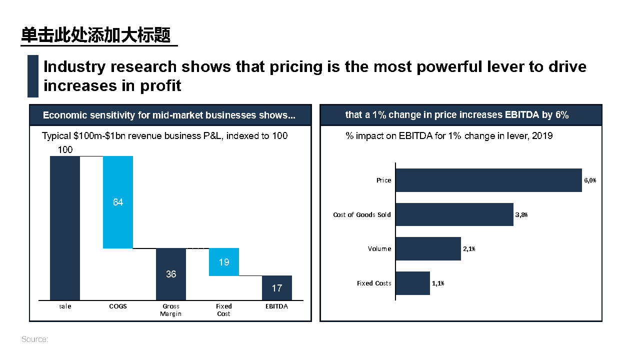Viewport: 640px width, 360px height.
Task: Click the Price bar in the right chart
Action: coord(489,180)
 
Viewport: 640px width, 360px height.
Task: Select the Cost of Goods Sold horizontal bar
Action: coord(454,214)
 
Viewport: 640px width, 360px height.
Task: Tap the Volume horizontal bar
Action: coord(428,248)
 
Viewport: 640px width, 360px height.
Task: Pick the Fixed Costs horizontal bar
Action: coord(413,283)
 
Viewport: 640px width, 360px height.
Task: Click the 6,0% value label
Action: coord(590,180)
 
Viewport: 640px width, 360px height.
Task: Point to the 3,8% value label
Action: coord(521,214)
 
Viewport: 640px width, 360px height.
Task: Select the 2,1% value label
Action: coord(469,249)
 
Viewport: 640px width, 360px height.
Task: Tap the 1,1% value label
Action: coord(438,283)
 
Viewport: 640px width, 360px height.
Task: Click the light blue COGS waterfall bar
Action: coord(118,202)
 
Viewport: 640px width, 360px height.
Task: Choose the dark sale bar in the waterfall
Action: coord(65,228)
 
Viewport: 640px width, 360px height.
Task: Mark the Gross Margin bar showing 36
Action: coord(171,274)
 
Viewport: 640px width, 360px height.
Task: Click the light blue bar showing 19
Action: coord(224,262)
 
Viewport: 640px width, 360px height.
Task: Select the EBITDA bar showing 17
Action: coord(277,288)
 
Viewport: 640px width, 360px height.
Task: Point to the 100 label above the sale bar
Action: coord(65,149)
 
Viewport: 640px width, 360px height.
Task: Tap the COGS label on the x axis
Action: coord(118,306)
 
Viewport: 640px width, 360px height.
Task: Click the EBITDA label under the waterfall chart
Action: coord(276,306)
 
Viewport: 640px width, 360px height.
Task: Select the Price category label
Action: coord(384,180)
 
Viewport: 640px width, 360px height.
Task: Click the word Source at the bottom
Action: coord(34,339)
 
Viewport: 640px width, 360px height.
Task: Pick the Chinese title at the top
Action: coord(96,35)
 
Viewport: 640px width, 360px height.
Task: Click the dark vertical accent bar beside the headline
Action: coord(33,76)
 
